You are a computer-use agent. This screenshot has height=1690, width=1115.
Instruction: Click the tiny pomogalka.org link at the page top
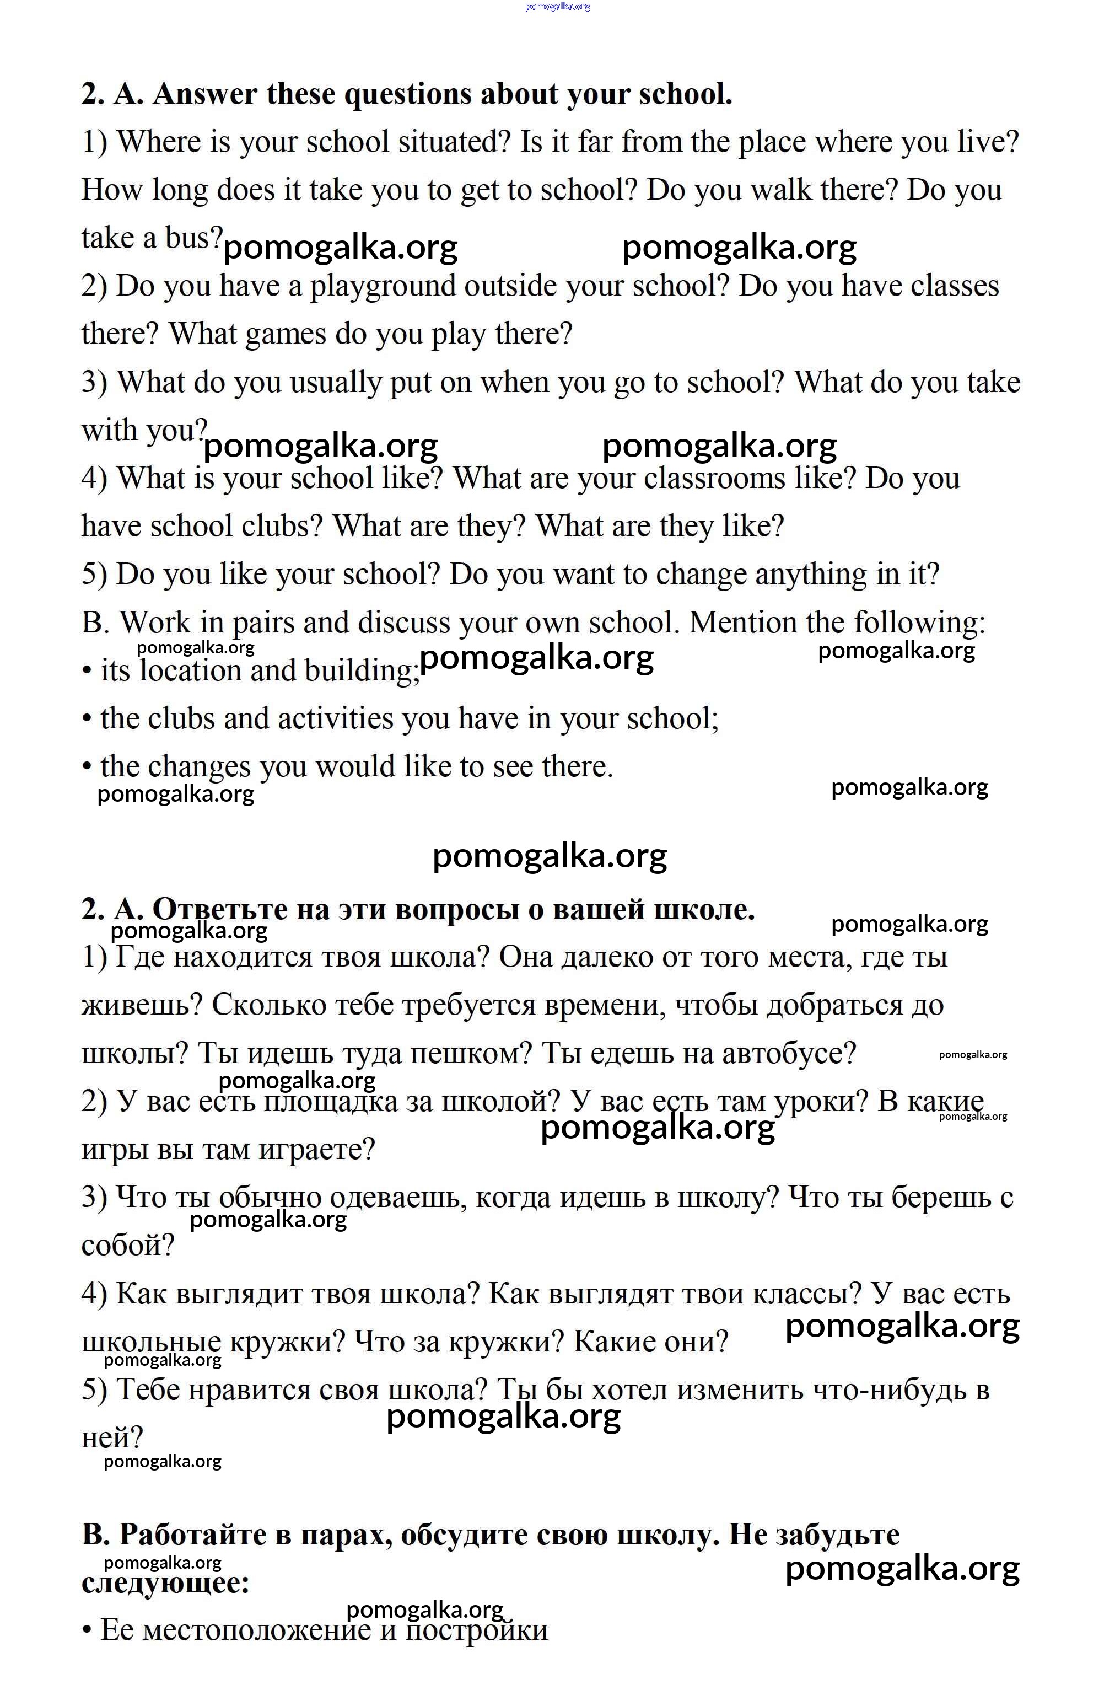pyautogui.click(x=558, y=7)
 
